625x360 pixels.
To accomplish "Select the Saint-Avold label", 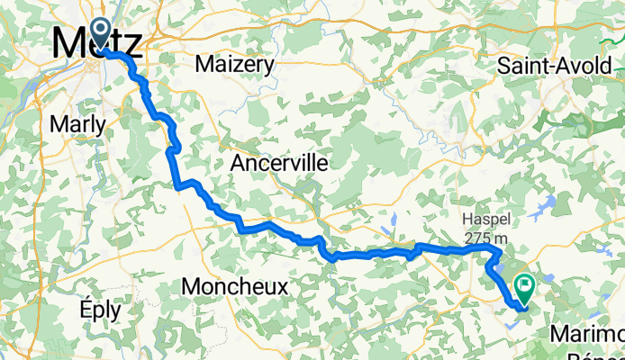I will (x=554, y=65).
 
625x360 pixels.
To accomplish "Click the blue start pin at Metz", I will (x=99, y=31).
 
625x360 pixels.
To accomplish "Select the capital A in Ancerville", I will (x=238, y=163).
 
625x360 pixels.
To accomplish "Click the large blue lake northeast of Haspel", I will (x=547, y=208).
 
